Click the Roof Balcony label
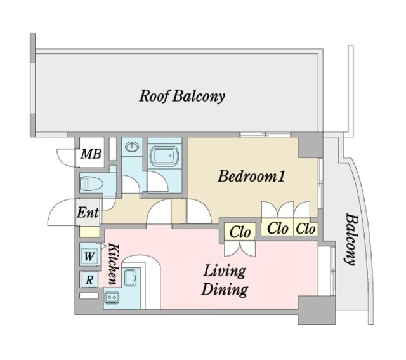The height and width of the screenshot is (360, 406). click(182, 96)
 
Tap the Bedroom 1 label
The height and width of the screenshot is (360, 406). click(251, 177)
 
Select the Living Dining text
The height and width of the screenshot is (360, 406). click(224, 281)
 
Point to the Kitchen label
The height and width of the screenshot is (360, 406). click(114, 264)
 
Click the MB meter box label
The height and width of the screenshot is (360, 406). click(91, 154)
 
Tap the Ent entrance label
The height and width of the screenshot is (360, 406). click(88, 213)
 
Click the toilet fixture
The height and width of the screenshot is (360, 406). click(91, 184)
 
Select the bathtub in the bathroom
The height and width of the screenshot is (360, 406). click(164, 156)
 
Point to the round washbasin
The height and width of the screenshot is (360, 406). click(132, 147)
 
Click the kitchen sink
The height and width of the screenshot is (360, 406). click(131, 278)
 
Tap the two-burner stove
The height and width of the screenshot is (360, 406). click(112, 298)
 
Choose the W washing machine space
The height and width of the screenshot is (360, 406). click(89, 257)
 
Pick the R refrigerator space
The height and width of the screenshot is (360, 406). click(89, 280)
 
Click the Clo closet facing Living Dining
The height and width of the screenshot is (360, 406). click(240, 232)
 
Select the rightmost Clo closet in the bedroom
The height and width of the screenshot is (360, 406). click(306, 229)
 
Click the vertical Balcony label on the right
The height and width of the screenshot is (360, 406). click(350, 239)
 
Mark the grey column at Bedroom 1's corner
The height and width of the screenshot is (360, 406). click(310, 145)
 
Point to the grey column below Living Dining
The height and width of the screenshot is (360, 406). click(317, 310)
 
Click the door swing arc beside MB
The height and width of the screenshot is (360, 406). click(66, 157)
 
